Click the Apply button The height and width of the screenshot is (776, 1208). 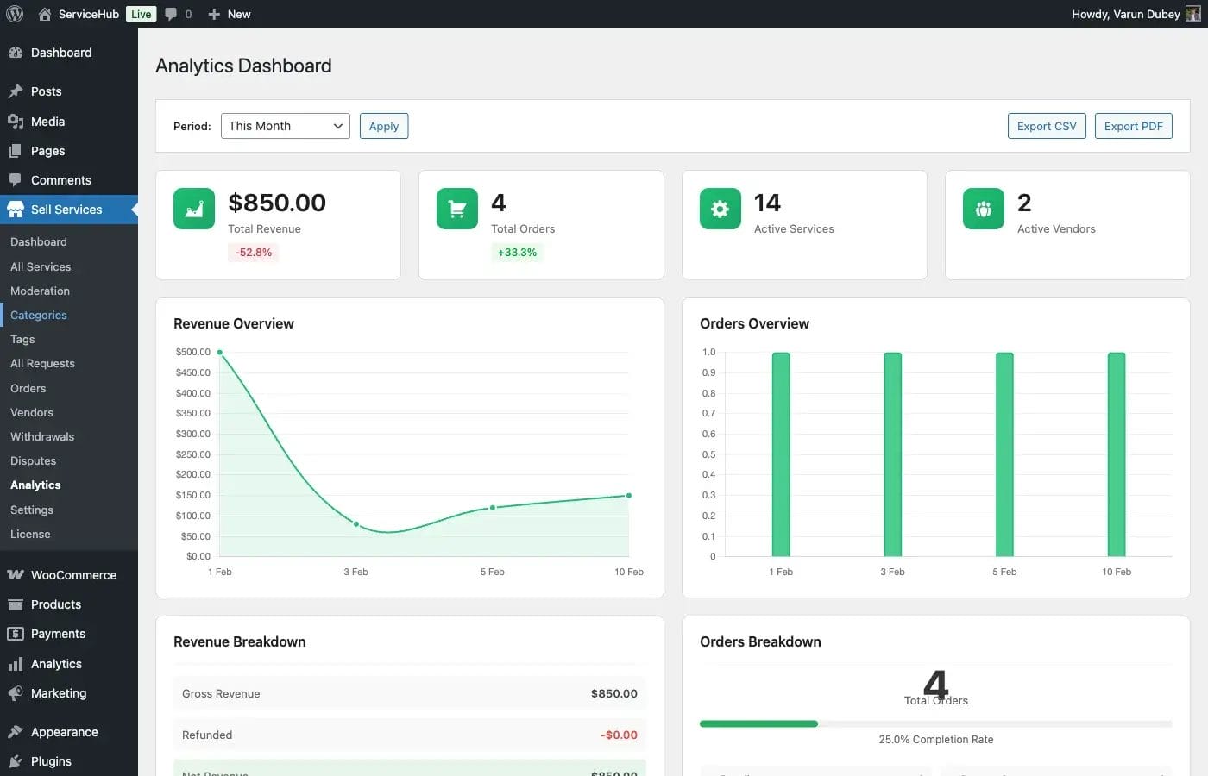click(383, 126)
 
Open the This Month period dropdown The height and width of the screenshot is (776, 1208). click(285, 126)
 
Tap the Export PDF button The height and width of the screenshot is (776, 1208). click(1133, 126)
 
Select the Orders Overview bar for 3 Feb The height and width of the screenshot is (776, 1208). click(892, 454)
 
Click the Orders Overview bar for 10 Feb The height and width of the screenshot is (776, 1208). click(1116, 454)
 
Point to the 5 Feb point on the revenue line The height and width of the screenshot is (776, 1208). click(493, 508)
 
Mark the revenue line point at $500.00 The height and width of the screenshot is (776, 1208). click(220, 352)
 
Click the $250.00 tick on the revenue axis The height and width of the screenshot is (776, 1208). click(192, 454)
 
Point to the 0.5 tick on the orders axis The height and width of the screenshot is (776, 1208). click(708, 454)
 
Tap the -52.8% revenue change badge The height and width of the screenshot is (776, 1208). click(253, 253)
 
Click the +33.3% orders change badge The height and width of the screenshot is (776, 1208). click(517, 253)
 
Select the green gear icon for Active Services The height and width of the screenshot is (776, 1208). click(720, 209)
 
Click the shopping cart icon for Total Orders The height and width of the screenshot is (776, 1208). click(456, 209)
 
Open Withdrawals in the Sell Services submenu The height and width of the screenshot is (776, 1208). click(42, 437)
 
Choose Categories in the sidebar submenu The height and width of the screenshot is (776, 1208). click(39, 316)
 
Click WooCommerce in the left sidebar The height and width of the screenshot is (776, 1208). click(73, 575)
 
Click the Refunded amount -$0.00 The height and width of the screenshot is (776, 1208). click(619, 735)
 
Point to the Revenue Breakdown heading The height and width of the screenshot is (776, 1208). click(240, 641)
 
